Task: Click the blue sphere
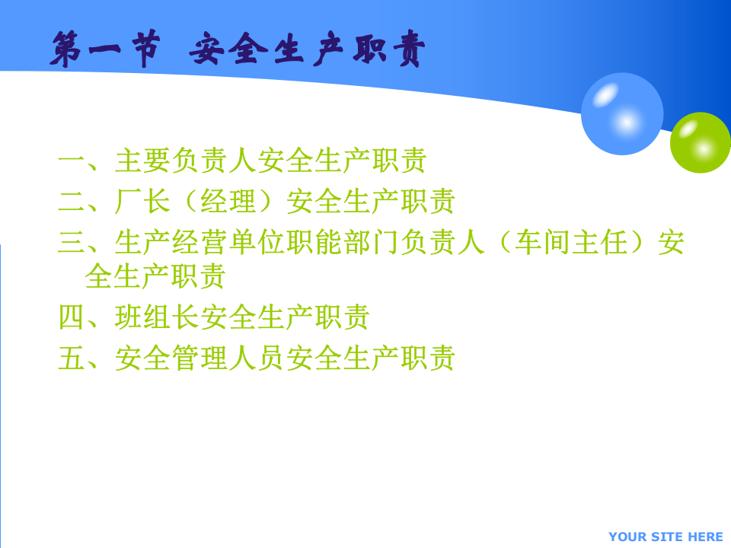pos(622,114)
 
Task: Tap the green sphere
pos(700,142)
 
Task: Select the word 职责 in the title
pos(388,49)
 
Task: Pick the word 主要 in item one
pos(143,161)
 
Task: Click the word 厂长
pos(143,201)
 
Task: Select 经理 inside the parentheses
pos(229,201)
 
